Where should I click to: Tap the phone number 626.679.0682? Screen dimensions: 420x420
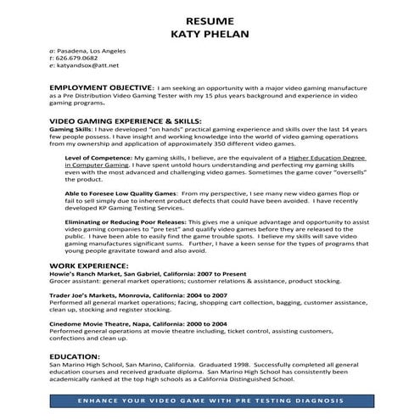coord(84,58)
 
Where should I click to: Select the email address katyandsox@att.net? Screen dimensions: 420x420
coord(90,64)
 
